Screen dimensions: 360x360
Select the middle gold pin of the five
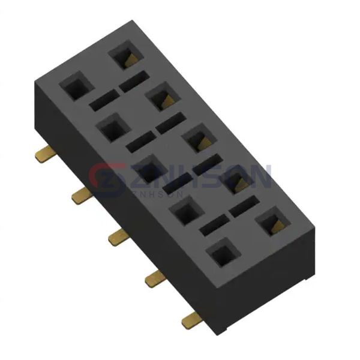[116, 237]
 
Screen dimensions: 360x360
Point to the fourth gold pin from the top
[154, 277]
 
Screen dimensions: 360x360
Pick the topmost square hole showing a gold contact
[125, 56]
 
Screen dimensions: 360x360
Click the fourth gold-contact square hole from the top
[238, 181]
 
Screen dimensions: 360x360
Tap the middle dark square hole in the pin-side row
[147, 170]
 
